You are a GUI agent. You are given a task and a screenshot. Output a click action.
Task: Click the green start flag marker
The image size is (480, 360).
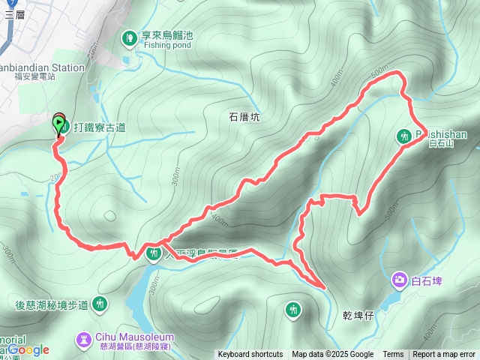tap(58, 123)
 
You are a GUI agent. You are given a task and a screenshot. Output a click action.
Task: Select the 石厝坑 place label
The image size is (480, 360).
tap(244, 116)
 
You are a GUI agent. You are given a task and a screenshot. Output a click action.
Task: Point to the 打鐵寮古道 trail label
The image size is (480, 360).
tap(99, 127)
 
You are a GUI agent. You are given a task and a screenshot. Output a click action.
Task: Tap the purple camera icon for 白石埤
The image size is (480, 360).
tap(399, 280)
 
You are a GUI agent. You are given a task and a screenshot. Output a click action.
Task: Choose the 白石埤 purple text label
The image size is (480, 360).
tap(427, 281)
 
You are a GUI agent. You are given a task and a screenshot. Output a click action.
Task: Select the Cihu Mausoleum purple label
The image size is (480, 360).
tap(135, 340)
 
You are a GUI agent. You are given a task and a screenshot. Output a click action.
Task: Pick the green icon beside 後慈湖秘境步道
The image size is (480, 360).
tap(100, 304)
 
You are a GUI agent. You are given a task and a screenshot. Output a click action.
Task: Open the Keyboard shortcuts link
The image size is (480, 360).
tap(250, 355)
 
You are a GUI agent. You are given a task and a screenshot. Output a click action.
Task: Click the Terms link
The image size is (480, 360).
tap(393, 355)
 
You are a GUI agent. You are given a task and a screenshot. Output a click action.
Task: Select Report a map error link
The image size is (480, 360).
tap(445, 355)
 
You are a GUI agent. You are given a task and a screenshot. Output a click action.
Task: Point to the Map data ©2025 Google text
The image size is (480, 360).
tap(332, 355)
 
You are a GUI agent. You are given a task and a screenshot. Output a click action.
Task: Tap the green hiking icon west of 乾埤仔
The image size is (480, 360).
tap(293, 309)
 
